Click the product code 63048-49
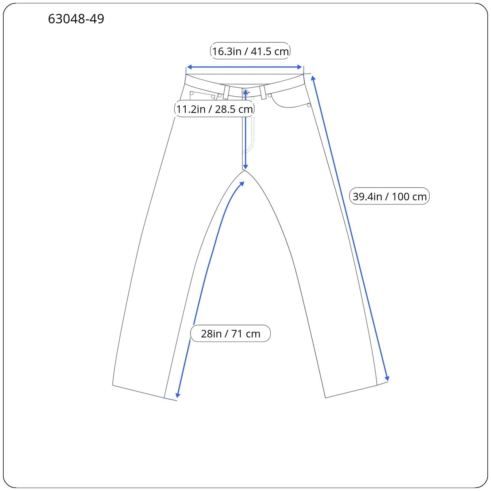click(76, 19)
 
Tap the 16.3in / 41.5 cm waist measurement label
click(250, 51)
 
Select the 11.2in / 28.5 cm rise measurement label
click(214, 109)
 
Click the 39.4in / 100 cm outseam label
click(389, 196)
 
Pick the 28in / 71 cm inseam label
click(230, 333)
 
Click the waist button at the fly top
click(245, 91)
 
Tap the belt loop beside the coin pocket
click(226, 92)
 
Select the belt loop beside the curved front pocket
click(263, 92)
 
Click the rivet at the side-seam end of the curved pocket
click(309, 106)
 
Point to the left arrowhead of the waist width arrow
click(189, 67)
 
